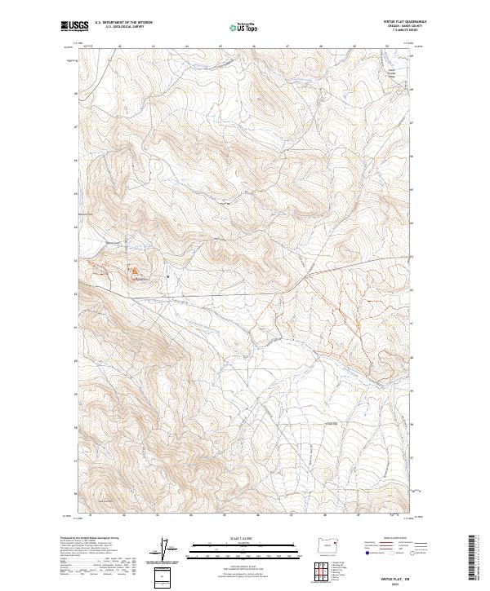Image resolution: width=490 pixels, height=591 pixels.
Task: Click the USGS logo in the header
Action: click(75, 26)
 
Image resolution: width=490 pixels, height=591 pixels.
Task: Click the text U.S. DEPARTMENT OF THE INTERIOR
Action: click(123, 23)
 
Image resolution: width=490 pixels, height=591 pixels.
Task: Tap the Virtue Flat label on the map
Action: click(330, 424)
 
